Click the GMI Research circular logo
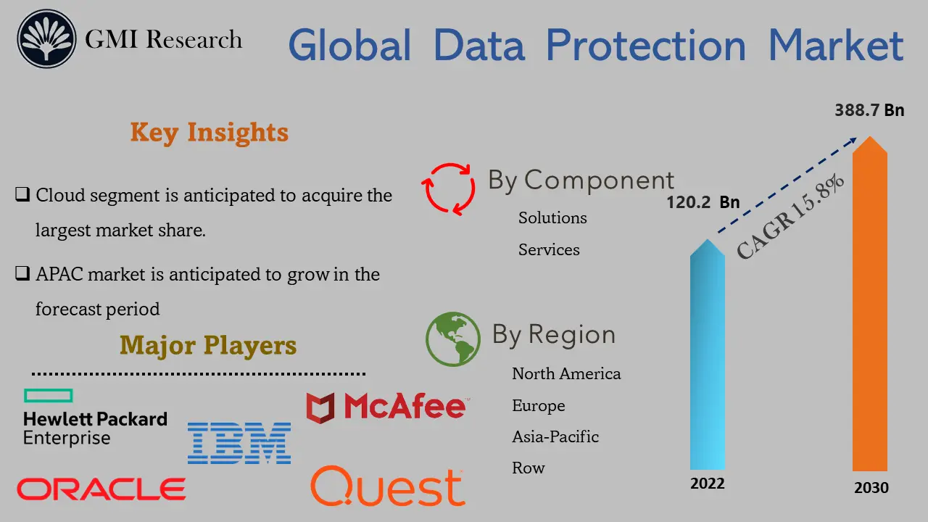46,39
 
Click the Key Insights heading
209,133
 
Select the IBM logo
239,443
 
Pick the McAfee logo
386,407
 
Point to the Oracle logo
101,489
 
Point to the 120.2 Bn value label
703,202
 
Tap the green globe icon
453,339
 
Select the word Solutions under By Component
552,217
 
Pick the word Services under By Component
549,249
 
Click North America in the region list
566,373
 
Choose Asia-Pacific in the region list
555,436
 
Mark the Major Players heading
208,345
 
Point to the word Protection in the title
645,45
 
